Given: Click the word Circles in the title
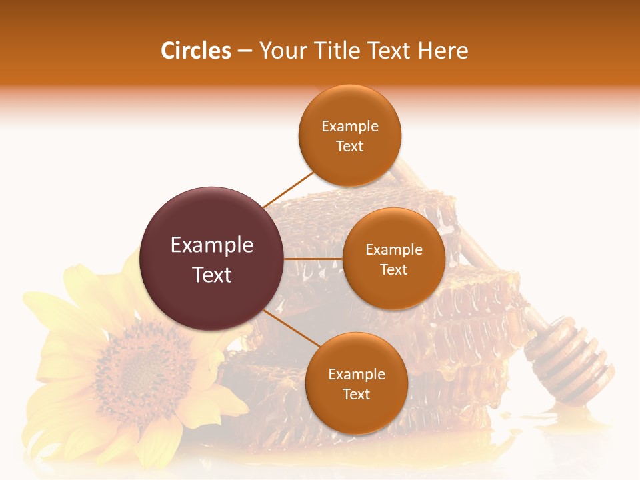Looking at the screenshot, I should pos(195,51).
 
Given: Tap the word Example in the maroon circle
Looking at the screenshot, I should pos(212,245).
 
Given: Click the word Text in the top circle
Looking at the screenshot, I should pos(349,146).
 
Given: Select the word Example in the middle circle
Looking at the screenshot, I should pos(394,250).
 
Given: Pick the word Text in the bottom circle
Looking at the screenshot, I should pos(356,394).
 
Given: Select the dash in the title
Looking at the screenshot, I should pos(244,51).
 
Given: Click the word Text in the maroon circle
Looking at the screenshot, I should pos(212,275).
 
